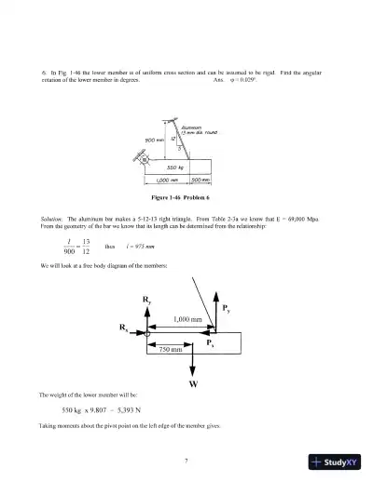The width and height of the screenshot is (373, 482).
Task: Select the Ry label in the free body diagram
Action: coord(146,300)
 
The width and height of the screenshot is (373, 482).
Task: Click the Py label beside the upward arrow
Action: coord(228,308)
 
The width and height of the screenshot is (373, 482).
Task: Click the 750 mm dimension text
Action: coord(168,350)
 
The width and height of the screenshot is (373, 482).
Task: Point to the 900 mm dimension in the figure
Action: coord(155,140)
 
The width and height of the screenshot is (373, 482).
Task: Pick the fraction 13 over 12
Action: coord(87,247)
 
